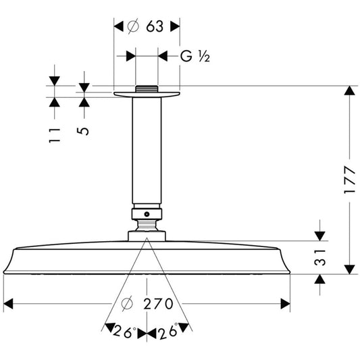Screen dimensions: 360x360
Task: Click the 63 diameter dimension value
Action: (155, 26)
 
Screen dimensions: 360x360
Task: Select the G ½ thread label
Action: (195, 56)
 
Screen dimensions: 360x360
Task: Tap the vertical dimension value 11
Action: (55, 136)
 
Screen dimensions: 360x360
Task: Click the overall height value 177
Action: (349, 180)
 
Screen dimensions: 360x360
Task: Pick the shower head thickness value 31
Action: (320, 257)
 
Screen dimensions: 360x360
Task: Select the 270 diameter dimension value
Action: (158, 304)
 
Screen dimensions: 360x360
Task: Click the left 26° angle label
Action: (124, 332)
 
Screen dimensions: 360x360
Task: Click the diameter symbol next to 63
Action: (133, 26)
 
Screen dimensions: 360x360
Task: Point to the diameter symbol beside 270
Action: (127, 304)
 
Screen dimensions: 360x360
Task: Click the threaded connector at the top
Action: (147, 89)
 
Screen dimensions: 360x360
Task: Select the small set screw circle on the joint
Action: (147, 214)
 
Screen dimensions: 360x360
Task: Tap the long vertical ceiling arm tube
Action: (147, 151)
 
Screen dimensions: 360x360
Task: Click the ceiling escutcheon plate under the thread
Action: (147, 95)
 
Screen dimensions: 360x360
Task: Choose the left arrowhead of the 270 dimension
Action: (8, 304)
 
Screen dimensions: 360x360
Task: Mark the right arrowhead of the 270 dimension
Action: (286, 304)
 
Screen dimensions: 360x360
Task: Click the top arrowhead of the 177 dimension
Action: (349, 91)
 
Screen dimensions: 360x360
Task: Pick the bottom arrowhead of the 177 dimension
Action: (349, 269)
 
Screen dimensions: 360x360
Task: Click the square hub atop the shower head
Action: (147, 236)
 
